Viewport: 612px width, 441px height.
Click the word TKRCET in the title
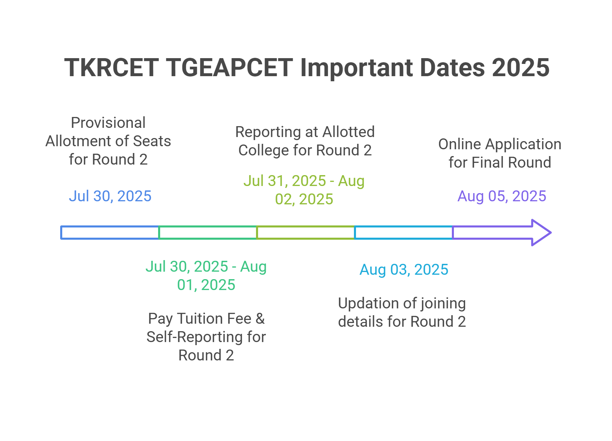point(112,67)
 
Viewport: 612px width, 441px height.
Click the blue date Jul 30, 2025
point(110,196)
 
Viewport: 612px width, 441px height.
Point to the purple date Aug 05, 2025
point(502,196)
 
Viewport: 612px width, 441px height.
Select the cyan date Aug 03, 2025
point(404,270)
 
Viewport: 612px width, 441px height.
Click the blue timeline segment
point(110,233)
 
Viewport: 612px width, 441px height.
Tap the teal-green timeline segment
point(208,233)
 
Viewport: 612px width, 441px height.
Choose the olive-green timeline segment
point(306,233)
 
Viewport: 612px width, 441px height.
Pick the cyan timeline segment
point(404,233)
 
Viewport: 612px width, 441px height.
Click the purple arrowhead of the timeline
point(541,233)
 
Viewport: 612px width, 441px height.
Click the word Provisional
point(108,123)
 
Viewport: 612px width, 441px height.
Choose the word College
point(263,150)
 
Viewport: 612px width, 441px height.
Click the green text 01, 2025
point(206,285)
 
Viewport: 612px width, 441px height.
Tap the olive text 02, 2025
point(304,199)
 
